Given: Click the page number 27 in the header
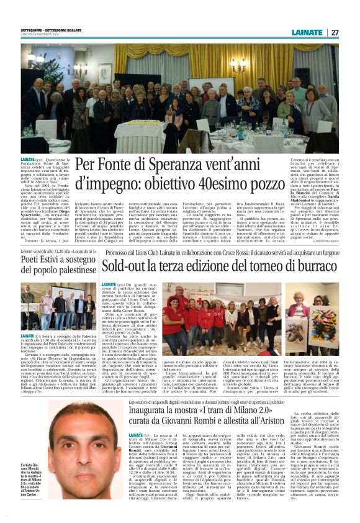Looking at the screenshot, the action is [335, 32].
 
